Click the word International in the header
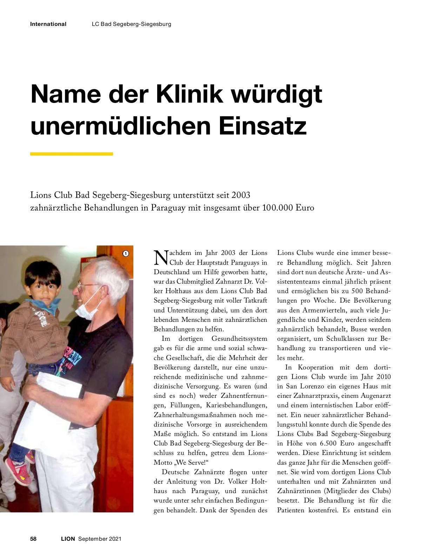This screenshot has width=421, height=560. click(48, 24)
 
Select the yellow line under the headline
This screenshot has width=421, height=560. click(72, 154)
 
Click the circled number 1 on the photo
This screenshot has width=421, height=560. click(126, 253)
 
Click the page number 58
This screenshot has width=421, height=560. click(33, 539)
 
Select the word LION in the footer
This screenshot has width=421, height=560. click(68, 539)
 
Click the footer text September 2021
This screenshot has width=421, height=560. click(100, 539)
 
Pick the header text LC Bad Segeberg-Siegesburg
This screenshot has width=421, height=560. click(131, 24)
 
